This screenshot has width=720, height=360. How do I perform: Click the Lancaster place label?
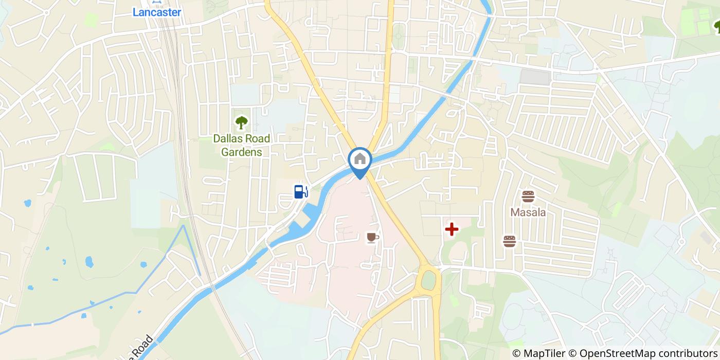pyautogui.click(x=156, y=12)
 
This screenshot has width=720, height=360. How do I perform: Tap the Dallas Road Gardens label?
pyautogui.click(x=241, y=145)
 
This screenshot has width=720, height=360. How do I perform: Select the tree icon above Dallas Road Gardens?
pyautogui.click(x=240, y=122)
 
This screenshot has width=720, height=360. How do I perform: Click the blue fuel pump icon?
pyautogui.click(x=301, y=191)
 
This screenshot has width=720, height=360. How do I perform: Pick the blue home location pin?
pyautogui.click(x=360, y=160)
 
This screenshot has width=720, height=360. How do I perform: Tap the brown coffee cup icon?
pyautogui.click(x=372, y=237)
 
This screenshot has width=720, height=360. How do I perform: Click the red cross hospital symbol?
pyautogui.click(x=451, y=229)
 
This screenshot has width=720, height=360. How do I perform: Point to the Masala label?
pyautogui.click(x=528, y=212)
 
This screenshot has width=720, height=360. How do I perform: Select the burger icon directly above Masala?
pyautogui.click(x=528, y=196)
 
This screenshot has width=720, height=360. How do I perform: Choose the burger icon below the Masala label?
pyautogui.click(x=509, y=241)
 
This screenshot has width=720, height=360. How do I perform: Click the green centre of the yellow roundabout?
pyautogui.click(x=428, y=280)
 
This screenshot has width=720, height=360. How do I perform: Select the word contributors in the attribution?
pyautogui.click(x=685, y=353)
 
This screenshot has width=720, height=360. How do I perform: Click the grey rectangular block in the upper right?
pyautogui.click(x=535, y=77)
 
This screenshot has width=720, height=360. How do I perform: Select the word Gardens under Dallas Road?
pyautogui.click(x=241, y=152)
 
